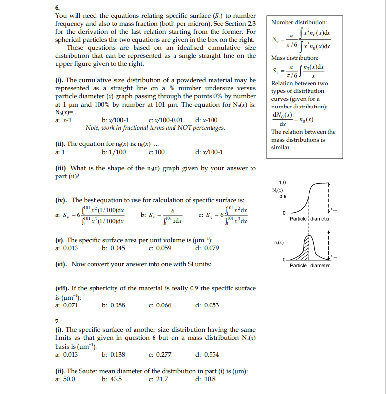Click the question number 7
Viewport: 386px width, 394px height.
click(57, 321)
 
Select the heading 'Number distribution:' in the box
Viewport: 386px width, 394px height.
click(299, 22)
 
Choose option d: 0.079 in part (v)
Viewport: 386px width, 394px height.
click(207, 248)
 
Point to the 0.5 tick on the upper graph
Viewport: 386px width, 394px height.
click(283, 197)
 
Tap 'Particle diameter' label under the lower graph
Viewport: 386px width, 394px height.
click(310, 265)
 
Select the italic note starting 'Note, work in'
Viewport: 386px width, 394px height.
click(155, 127)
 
